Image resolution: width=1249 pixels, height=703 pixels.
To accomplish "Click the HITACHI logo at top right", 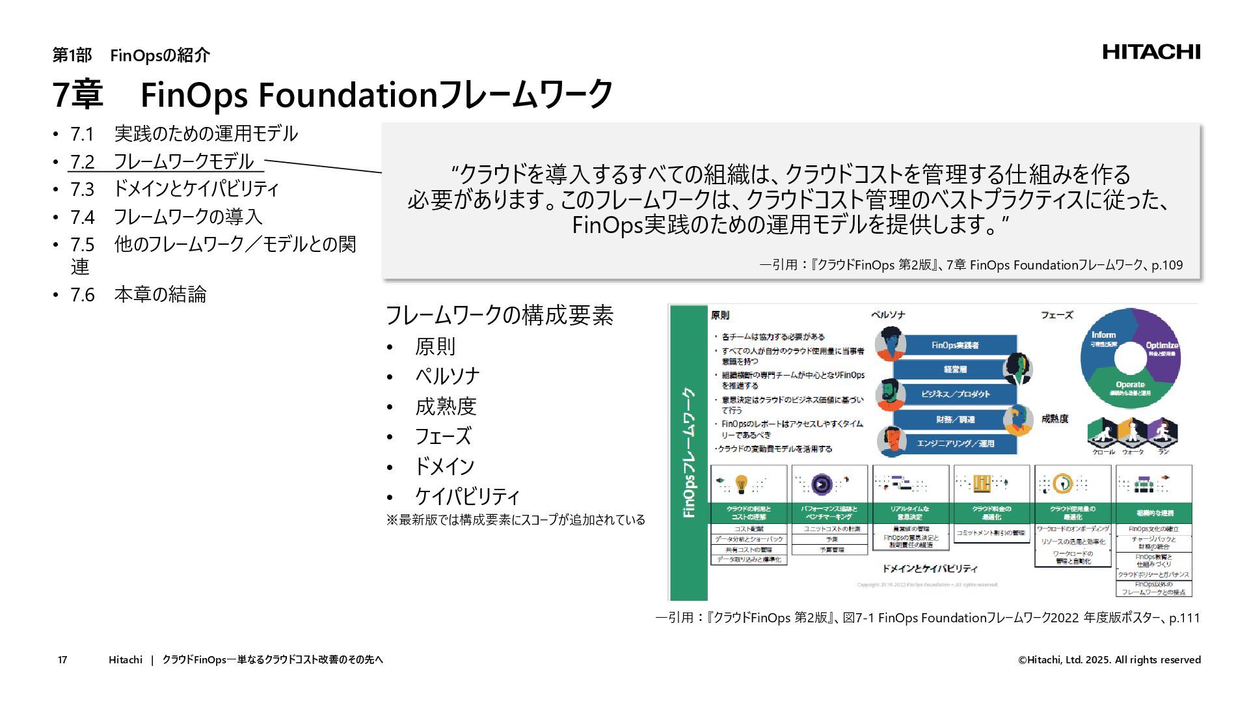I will coord(1151,52).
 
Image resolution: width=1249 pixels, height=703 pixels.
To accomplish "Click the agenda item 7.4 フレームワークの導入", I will coord(167,217).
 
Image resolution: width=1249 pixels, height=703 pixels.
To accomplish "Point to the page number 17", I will coord(62,660).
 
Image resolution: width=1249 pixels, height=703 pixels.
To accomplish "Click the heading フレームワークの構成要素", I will coord(499,315).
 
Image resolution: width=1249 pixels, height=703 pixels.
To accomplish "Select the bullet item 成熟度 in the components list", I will coord(446,406).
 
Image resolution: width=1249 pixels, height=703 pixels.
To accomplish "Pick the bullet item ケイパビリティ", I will coord(467,496).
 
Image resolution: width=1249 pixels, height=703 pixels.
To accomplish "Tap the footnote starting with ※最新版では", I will coord(515,519).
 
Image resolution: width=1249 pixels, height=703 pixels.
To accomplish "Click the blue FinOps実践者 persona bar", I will coord(955,346).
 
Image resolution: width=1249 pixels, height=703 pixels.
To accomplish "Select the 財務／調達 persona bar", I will coord(955,419).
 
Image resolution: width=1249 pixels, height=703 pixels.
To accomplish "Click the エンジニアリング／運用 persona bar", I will coord(955,443).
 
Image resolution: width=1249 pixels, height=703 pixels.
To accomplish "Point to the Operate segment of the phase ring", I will coord(1129,387).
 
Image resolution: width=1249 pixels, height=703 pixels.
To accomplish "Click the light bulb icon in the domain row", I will coord(741,484).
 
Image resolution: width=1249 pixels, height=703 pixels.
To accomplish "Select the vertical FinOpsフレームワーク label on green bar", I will coord(689,452).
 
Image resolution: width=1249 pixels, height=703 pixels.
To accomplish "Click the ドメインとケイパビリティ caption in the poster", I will coord(930,568).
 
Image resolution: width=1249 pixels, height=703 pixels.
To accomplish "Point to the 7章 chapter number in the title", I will coord(77,94).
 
